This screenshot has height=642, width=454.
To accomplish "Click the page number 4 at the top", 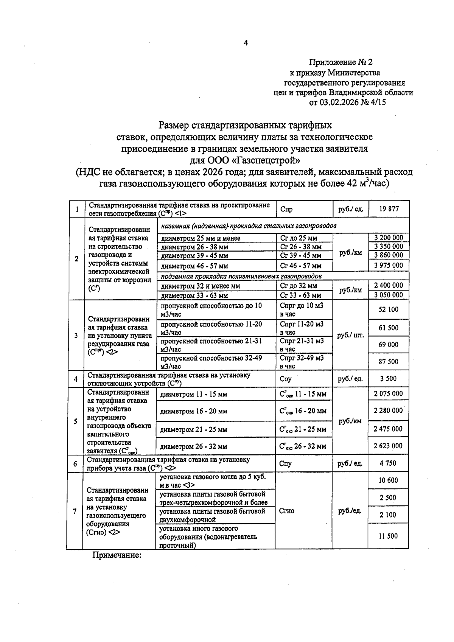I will tap(246, 43).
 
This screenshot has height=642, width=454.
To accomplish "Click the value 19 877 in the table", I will tap(389, 209).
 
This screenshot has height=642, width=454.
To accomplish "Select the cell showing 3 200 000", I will tap(389, 238).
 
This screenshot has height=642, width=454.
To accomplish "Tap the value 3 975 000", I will tap(389, 265).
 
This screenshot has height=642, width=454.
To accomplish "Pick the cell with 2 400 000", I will tap(389, 286).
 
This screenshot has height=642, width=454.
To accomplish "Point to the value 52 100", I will tap(389, 309).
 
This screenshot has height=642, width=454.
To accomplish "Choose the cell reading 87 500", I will tap(389, 362).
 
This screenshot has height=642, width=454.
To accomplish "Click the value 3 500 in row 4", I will tap(389, 379).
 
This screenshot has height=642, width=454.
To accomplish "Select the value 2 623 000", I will tap(388, 446).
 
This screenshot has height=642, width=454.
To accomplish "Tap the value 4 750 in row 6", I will tap(388, 463).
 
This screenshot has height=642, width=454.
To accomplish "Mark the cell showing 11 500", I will tap(388, 536).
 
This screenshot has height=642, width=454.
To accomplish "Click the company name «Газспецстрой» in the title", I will tap(266, 160).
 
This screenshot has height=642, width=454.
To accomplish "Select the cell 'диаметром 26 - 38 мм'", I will tap(194, 247).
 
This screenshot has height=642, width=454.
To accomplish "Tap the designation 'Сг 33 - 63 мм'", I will tap(301, 295).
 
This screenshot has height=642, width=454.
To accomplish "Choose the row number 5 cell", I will tap(76, 421).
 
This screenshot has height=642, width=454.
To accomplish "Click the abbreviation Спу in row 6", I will tap(285, 463).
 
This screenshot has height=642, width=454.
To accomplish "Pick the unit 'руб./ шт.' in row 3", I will tap(350, 335).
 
